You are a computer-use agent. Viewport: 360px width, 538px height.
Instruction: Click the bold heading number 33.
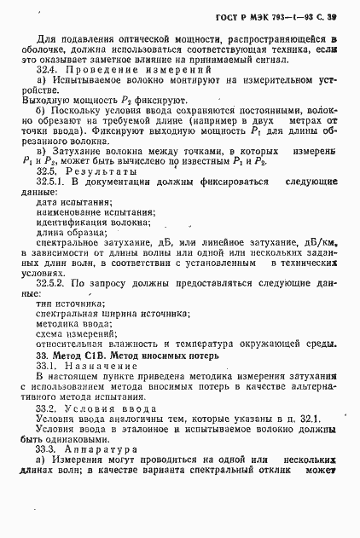(42, 358)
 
